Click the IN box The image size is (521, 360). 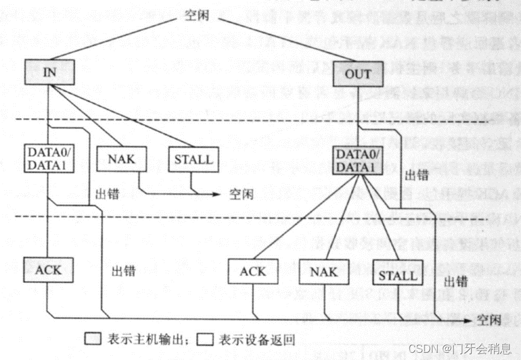pyautogui.click(x=49, y=72)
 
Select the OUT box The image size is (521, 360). pyautogui.click(x=358, y=75)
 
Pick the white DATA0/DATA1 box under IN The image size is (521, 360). pyautogui.click(x=50, y=158)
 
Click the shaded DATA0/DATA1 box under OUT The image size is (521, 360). pyautogui.click(x=358, y=160)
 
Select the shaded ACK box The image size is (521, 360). pyautogui.click(x=48, y=269)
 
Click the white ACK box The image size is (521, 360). pyautogui.click(x=253, y=272)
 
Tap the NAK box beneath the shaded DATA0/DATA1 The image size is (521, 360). pyautogui.click(x=323, y=272)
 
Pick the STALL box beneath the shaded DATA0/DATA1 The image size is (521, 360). pyautogui.click(x=398, y=275)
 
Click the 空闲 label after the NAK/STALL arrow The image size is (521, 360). pyautogui.click(x=242, y=194)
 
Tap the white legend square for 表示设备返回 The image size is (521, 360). pyautogui.click(x=206, y=340)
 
